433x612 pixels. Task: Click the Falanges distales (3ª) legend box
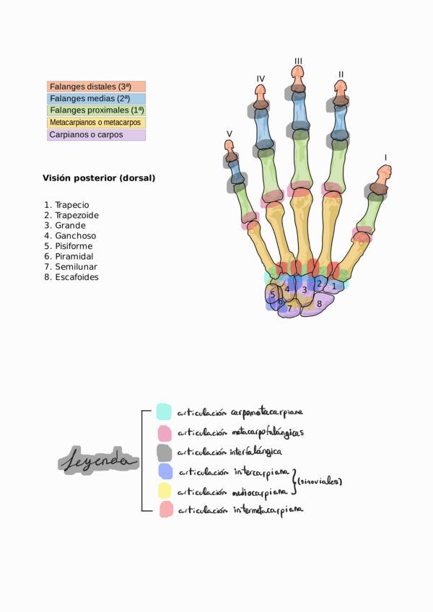point(96,87)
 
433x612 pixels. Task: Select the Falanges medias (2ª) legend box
point(96,99)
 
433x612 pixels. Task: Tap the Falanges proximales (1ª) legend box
point(96,110)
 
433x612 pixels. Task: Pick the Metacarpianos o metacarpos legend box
point(96,123)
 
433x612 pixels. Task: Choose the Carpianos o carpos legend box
point(96,134)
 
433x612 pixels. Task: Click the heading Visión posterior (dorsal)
point(99,178)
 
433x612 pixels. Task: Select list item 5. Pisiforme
point(69,245)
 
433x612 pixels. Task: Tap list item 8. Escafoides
point(71,276)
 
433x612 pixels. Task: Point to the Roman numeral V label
point(229,134)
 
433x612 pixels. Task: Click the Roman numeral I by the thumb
point(386,157)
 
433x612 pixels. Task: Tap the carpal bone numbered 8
point(319,304)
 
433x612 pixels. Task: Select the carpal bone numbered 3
point(305,290)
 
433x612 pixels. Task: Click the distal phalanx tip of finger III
point(297,74)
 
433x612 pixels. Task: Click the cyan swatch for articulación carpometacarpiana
point(164,411)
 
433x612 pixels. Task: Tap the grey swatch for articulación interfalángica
point(164,452)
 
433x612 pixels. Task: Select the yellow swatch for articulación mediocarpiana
point(164,491)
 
